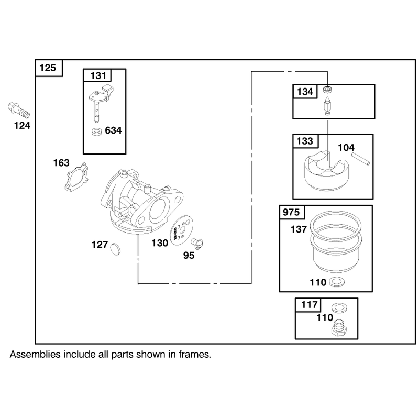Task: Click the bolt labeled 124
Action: click(x=18, y=111)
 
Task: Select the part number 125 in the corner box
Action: click(x=48, y=68)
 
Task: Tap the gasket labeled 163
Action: click(x=76, y=177)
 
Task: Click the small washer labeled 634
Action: click(x=96, y=131)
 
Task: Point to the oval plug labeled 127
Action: click(x=115, y=249)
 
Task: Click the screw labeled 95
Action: click(x=197, y=244)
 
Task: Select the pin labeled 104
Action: click(x=361, y=159)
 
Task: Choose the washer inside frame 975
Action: click(x=337, y=282)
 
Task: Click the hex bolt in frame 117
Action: click(x=339, y=328)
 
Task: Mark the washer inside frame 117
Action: click(x=338, y=307)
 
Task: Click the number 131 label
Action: click(x=98, y=75)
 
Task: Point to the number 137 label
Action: click(x=299, y=229)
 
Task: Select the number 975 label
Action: click(x=291, y=212)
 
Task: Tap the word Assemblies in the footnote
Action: click(x=35, y=355)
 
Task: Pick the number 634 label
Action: click(x=113, y=130)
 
